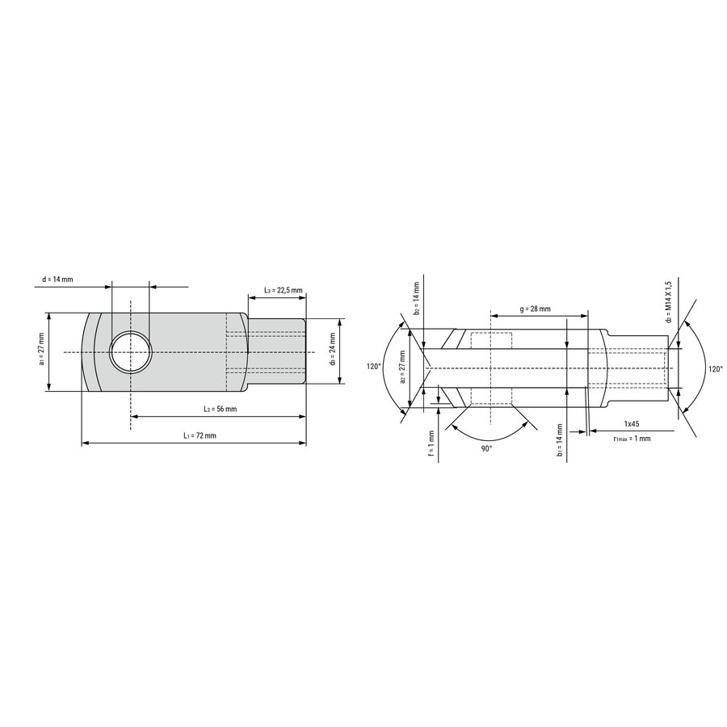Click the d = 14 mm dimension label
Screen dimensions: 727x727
tap(57, 279)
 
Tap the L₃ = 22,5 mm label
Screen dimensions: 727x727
tap(284, 290)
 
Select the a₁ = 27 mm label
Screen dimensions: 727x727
tap(41, 349)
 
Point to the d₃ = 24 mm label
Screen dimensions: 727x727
tap(333, 349)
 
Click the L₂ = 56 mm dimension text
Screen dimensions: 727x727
tap(221, 409)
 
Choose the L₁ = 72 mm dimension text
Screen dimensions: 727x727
tap(200, 435)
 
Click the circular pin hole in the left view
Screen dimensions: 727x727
tap(131, 352)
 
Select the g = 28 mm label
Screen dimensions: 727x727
tap(535, 309)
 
